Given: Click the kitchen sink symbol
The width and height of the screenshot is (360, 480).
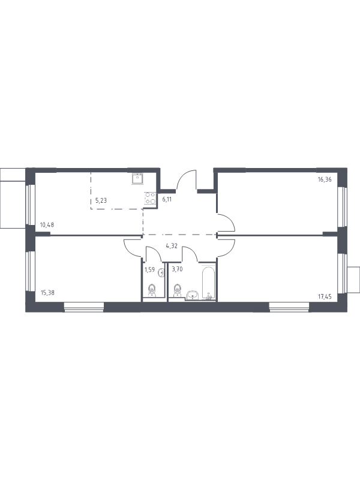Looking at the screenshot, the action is pos(138,178).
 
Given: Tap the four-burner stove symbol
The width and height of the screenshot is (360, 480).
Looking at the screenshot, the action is pos(150,198).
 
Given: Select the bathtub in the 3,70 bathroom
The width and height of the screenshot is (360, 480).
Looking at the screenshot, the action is pos(208,283).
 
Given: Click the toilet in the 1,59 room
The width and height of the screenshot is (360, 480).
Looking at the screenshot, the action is pos(152,290).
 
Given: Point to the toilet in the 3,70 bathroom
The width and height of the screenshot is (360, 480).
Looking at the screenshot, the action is pos(176,290).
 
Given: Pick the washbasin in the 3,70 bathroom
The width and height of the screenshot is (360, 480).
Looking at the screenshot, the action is pos(193,295).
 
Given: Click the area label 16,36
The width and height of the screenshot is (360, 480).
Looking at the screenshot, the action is pos(325,179).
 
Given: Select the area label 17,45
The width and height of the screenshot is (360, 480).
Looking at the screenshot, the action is pos(325,296).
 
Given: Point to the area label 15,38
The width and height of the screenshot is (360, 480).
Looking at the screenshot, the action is pos(47,292).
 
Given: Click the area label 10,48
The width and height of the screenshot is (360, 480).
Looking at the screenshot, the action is pos(47,224).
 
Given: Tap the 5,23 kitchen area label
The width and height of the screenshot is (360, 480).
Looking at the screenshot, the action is pos(101,200).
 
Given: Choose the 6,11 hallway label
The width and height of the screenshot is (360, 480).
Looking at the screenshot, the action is pos(167,200).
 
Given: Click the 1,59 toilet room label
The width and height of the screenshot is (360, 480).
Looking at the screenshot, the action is pos(149,269).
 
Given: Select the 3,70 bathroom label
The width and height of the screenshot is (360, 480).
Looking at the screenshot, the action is pos(177,269).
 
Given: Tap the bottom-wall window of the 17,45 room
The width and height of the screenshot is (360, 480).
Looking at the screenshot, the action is pos(289,307).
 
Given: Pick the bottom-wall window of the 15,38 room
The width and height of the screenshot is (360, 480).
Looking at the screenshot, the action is pos(84,307).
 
